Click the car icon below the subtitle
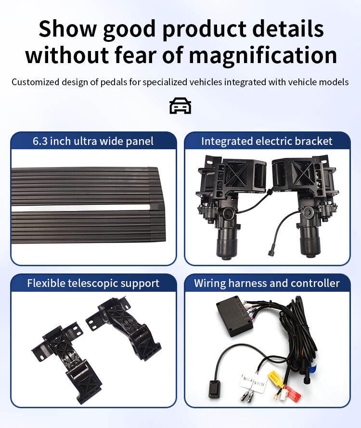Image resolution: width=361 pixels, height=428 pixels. point(180,105)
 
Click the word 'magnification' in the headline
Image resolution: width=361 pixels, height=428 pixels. point(263,55)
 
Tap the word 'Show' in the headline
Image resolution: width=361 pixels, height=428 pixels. point(68,28)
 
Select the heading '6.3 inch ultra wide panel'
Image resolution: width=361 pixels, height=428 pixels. point(93,141)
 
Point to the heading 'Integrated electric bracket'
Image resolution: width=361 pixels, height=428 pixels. point(267,141)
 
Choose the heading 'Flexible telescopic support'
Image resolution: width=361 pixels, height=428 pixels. point(93,283)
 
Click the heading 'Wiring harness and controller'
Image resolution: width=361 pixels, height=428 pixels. point(267,283)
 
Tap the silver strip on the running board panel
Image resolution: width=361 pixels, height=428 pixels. point(81,208)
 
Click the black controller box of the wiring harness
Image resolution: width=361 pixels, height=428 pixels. point(234,316)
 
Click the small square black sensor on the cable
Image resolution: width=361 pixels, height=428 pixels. point(215,389)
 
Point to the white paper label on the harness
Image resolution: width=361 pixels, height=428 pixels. point(253,383)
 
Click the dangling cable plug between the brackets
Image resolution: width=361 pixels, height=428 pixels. point(271,252)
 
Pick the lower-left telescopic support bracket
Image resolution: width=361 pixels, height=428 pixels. point(68,362)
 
